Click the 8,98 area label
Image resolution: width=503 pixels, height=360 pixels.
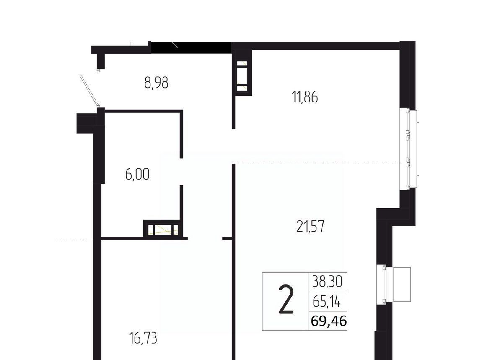point(156,83)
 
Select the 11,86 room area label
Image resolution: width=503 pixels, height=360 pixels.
point(305,97)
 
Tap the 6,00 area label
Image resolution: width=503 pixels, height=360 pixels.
point(137,175)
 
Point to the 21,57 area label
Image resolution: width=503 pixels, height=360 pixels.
point(310,226)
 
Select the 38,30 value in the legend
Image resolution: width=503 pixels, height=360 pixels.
point(328,282)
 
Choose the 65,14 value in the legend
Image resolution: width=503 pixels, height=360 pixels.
point(327,302)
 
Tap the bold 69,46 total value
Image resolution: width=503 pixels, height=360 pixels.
point(329,321)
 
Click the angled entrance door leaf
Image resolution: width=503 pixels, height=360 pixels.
point(90,91)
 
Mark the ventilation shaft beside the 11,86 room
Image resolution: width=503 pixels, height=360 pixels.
point(242,76)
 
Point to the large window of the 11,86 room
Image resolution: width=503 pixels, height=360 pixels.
point(409,149)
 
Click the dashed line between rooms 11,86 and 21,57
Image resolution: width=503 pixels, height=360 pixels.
point(317,162)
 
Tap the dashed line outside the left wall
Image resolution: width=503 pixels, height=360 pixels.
point(75,240)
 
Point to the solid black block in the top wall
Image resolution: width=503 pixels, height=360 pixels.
point(191,47)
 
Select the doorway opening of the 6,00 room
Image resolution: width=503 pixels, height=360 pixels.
point(181,172)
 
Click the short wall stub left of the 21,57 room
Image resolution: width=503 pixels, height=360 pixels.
point(227,238)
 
